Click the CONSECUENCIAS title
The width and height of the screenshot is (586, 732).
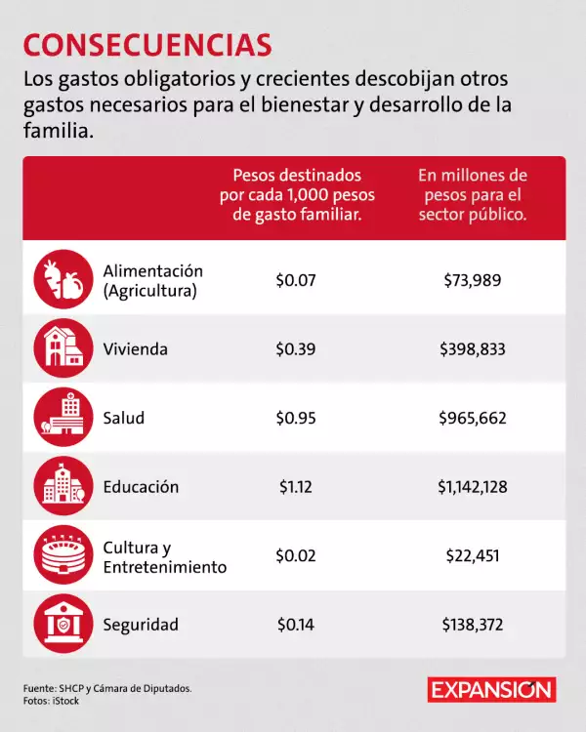pos(147,45)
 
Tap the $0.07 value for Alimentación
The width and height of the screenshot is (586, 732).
pos(296,281)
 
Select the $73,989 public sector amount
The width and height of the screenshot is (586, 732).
pos(472,281)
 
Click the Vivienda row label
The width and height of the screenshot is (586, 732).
pos(136,349)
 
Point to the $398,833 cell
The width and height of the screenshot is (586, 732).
pos(472,349)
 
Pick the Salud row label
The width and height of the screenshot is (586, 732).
pos(124,418)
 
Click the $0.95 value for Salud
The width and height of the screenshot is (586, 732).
pos(296,418)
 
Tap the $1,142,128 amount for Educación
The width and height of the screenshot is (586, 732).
pos(472,486)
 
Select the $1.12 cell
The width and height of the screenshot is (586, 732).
pos(294,486)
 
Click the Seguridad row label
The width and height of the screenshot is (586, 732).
pos(141,625)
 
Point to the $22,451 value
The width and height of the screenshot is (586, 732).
pos(472,556)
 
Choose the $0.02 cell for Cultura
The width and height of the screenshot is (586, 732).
pos(296,556)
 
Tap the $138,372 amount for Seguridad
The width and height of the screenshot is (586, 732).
pos(472,625)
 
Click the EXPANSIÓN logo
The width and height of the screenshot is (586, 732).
pos(492,689)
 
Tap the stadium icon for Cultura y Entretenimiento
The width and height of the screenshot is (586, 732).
pos(63,555)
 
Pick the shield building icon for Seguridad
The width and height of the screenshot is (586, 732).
pos(63,624)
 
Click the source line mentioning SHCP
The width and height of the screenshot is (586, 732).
pos(107,688)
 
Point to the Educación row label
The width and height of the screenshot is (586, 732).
pos(141,486)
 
